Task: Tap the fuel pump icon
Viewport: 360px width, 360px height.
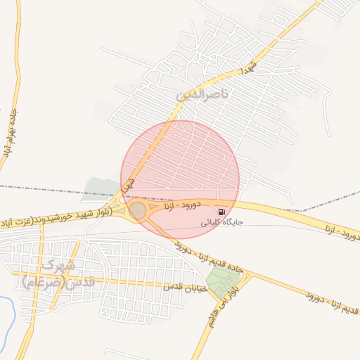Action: [x=222, y=212]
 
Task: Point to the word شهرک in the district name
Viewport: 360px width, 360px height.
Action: [x=57, y=266]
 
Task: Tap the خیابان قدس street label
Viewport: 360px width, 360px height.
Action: [x=184, y=288]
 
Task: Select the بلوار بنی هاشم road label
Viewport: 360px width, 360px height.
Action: [x=212, y=309]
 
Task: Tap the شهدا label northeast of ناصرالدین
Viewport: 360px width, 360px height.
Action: [x=250, y=68]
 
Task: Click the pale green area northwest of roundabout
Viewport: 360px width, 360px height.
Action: [x=101, y=188]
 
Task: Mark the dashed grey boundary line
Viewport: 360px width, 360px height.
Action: [x=42, y=188]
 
